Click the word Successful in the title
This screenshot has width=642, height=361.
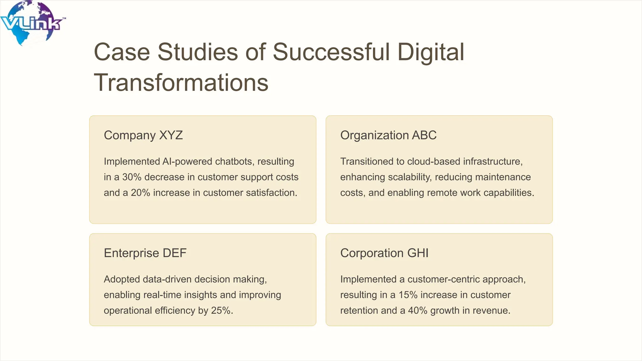tap(331, 52)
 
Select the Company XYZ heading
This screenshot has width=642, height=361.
tap(143, 135)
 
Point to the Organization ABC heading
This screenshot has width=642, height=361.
tap(388, 135)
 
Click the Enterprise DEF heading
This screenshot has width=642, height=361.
tap(145, 253)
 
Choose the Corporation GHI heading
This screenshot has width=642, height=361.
tap(384, 253)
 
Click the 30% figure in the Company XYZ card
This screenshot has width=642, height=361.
tap(132, 177)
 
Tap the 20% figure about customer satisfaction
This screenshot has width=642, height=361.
tap(140, 193)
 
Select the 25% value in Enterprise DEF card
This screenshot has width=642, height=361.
tap(221, 311)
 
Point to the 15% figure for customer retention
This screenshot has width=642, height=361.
tap(408, 295)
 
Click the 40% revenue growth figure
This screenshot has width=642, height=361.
tap(418, 311)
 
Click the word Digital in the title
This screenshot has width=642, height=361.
tap(430, 52)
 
